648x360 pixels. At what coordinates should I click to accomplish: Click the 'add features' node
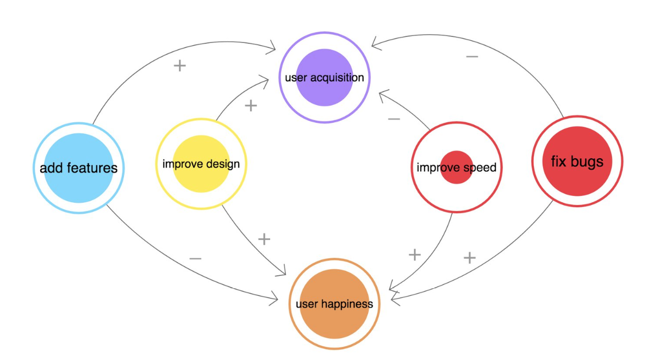78,168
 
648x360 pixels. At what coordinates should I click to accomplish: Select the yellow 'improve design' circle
201,164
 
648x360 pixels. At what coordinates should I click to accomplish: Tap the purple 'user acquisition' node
325,77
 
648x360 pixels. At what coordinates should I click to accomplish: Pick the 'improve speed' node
457,167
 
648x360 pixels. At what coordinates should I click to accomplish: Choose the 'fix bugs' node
577,161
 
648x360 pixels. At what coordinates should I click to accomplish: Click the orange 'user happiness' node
334,304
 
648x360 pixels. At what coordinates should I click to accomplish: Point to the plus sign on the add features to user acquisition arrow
180,65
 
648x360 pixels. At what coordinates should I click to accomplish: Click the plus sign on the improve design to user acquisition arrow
251,106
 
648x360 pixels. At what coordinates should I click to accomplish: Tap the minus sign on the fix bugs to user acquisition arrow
472,56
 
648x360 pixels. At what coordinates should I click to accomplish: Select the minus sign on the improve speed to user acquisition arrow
394,119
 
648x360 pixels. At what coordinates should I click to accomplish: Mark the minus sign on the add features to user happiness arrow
196,259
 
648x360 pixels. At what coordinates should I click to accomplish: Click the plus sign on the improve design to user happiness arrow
264,239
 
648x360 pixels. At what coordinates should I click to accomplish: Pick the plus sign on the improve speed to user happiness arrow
414,255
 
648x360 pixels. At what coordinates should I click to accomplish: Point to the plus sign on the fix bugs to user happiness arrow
470,258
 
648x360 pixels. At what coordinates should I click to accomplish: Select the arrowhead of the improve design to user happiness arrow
282,271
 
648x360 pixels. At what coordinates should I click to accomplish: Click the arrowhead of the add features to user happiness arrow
274,298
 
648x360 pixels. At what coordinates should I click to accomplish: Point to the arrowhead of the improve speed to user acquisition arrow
383,96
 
